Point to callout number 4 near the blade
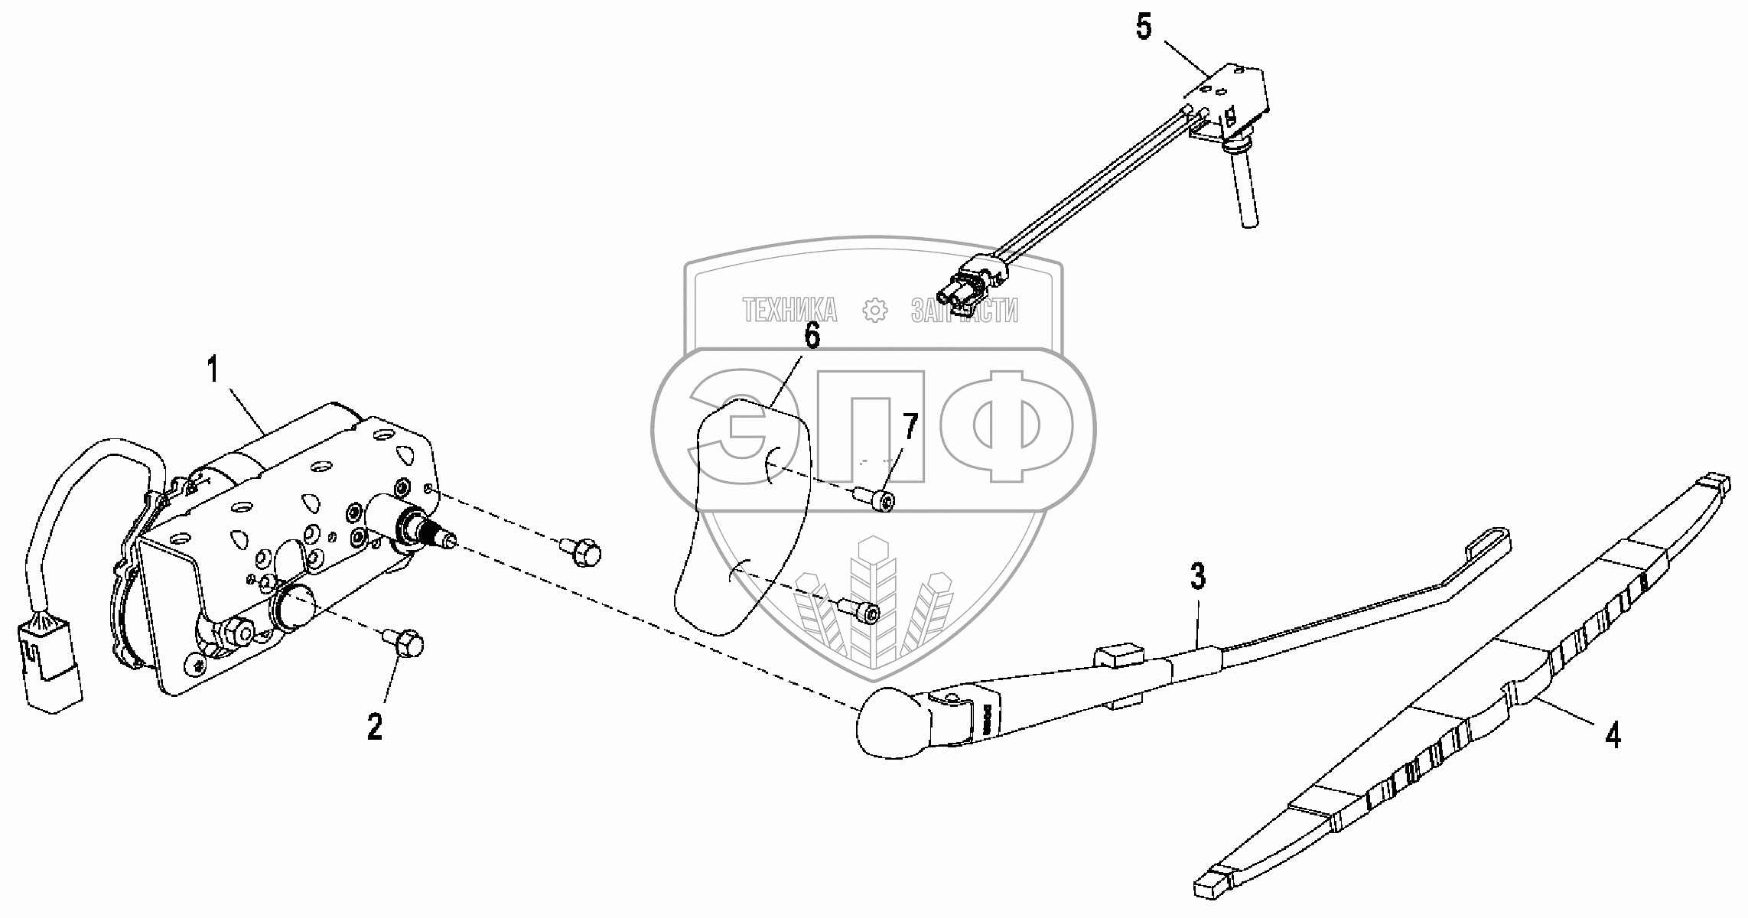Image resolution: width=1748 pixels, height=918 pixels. [x=1612, y=735]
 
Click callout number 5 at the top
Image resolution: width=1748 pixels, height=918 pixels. [x=1143, y=28]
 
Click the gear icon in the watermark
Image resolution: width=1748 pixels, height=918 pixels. [x=874, y=310]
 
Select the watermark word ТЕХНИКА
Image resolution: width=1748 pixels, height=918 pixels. [x=789, y=310]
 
